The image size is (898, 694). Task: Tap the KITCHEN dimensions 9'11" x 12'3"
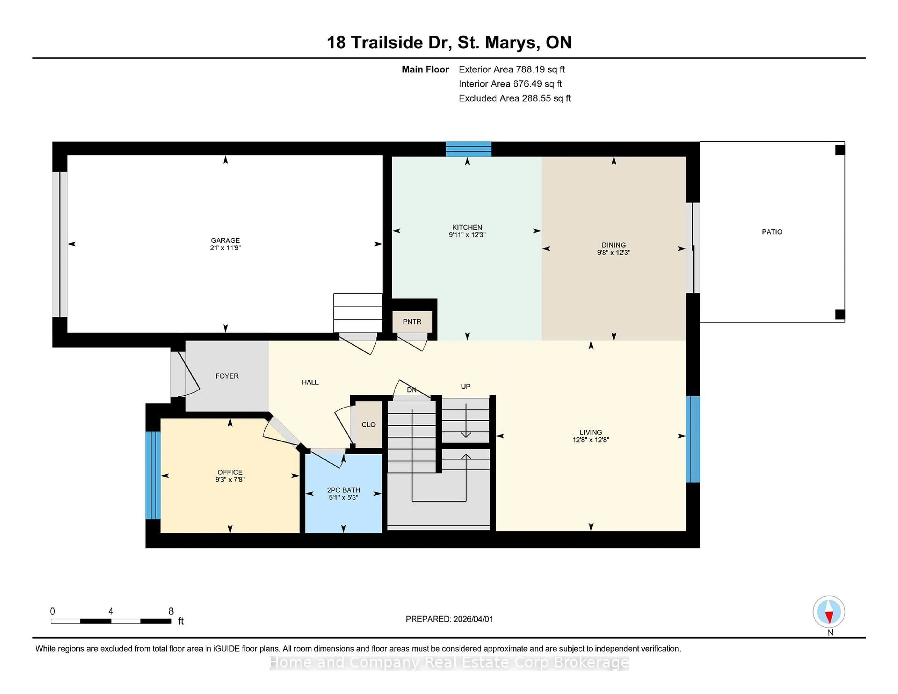(x=467, y=235)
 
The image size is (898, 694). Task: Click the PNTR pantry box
(x=412, y=322)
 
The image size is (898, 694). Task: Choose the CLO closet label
(x=368, y=424)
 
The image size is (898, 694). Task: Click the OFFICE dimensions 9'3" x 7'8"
(x=230, y=479)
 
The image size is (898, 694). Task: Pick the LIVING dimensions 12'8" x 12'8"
(x=590, y=440)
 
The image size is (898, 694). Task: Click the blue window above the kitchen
(x=469, y=149)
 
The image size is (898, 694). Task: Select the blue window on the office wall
(x=153, y=475)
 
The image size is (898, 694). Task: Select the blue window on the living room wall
(x=693, y=439)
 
